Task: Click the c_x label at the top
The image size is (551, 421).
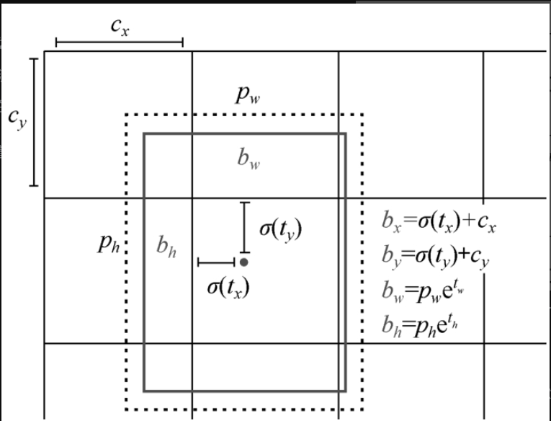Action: (120, 27)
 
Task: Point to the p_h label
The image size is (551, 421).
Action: (109, 244)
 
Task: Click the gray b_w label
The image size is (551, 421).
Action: (249, 159)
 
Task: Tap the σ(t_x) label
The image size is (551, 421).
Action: (228, 286)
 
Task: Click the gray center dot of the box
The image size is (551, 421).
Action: (244, 262)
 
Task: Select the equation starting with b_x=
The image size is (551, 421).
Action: (439, 222)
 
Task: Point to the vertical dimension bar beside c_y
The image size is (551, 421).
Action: (33, 121)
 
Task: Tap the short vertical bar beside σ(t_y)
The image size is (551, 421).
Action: (244, 227)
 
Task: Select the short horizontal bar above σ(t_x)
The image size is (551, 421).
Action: (215, 262)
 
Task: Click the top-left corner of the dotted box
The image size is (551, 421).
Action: (126, 115)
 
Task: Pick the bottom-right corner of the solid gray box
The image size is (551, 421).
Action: (346, 391)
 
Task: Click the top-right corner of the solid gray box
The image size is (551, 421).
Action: (346, 133)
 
